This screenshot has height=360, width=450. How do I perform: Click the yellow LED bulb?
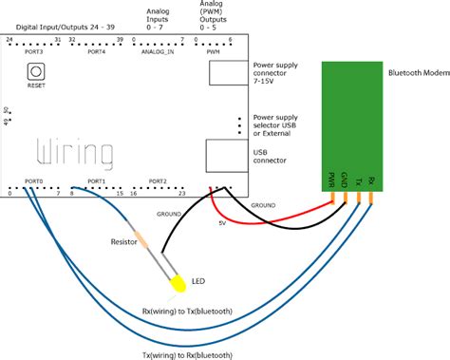coord(178,283)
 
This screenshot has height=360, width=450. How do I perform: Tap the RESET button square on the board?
coord(36,71)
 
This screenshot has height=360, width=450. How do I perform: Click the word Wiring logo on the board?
coord(75,152)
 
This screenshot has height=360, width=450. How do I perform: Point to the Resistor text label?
coord(128,243)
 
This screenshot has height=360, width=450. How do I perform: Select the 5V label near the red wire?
coord(223,223)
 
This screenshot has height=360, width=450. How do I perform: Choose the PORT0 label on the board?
coord(34,180)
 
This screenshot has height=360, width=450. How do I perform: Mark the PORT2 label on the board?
coord(157,180)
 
